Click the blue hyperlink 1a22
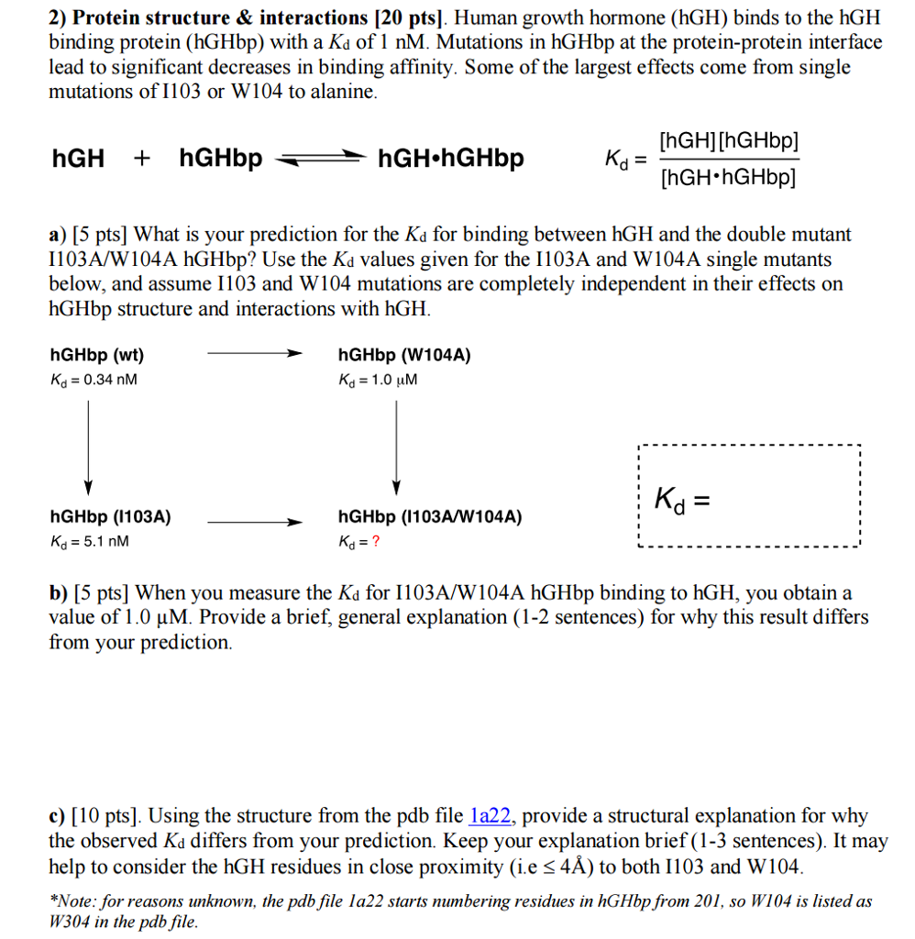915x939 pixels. click(491, 816)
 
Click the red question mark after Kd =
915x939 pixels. click(375, 540)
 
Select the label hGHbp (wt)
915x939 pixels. click(96, 355)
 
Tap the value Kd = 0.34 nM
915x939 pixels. click(94, 379)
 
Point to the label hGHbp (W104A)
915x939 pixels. click(404, 355)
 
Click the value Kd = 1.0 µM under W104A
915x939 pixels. click(378, 379)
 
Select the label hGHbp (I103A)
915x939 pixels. click(110, 517)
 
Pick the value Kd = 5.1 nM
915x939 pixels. click(90, 541)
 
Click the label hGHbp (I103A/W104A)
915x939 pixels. click(430, 517)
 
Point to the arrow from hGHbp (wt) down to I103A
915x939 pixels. click(88, 446)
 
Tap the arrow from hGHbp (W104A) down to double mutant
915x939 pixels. click(396, 446)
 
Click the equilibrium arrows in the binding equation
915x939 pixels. click(319, 160)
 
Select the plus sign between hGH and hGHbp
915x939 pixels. click(142, 159)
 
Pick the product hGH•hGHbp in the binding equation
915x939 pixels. click(451, 159)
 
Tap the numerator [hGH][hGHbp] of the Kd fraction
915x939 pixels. click(728, 142)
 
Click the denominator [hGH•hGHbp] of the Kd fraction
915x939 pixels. click(728, 177)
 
